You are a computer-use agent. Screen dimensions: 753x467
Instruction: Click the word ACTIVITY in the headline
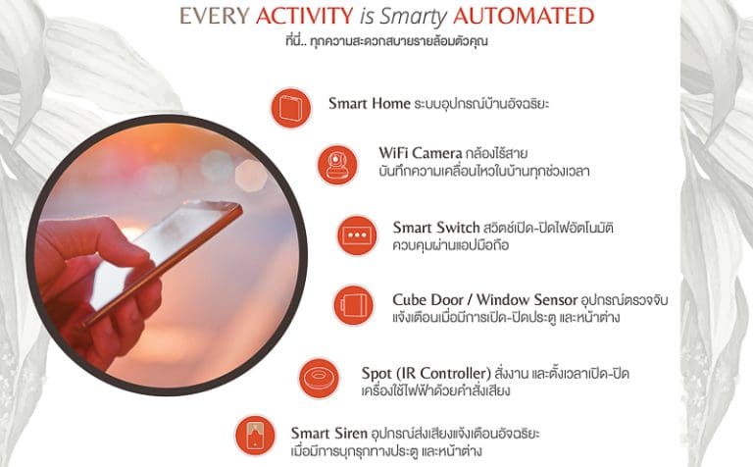pyautogui.click(x=305, y=16)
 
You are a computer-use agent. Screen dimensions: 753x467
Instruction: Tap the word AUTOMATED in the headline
pyautogui.click(x=524, y=16)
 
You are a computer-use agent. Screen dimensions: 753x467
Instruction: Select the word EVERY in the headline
pyautogui.click(x=214, y=16)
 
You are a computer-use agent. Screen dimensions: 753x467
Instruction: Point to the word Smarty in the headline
pyautogui.click(x=414, y=18)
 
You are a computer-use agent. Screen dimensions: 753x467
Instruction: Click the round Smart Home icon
pyautogui.click(x=291, y=108)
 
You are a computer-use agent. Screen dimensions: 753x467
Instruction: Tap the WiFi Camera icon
pyautogui.click(x=337, y=165)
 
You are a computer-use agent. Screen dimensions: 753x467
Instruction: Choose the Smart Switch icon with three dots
pyautogui.click(x=357, y=235)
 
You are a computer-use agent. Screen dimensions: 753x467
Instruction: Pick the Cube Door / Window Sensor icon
pyautogui.click(x=353, y=305)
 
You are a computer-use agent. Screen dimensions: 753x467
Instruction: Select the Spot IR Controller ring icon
pyautogui.click(x=319, y=378)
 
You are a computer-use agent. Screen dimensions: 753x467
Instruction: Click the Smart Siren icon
pyautogui.click(x=255, y=436)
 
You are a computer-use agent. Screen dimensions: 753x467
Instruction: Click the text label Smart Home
pyautogui.click(x=370, y=103)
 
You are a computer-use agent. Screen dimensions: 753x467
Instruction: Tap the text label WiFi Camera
pyautogui.click(x=421, y=153)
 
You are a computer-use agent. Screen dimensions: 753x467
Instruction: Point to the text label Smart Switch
pyautogui.click(x=436, y=228)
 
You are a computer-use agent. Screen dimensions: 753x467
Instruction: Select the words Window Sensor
pyautogui.click(x=527, y=300)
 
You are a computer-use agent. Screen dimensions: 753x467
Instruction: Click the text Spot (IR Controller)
pyautogui.click(x=426, y=374)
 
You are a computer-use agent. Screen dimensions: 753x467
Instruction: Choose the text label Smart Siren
pyautogui.click(x=329, y=433)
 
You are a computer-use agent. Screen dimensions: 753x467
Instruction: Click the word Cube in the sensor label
pyautogui.click(x=408, y=300)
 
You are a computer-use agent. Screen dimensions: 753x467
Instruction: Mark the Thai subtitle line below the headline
pyautogui.click(x=386, y=41)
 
